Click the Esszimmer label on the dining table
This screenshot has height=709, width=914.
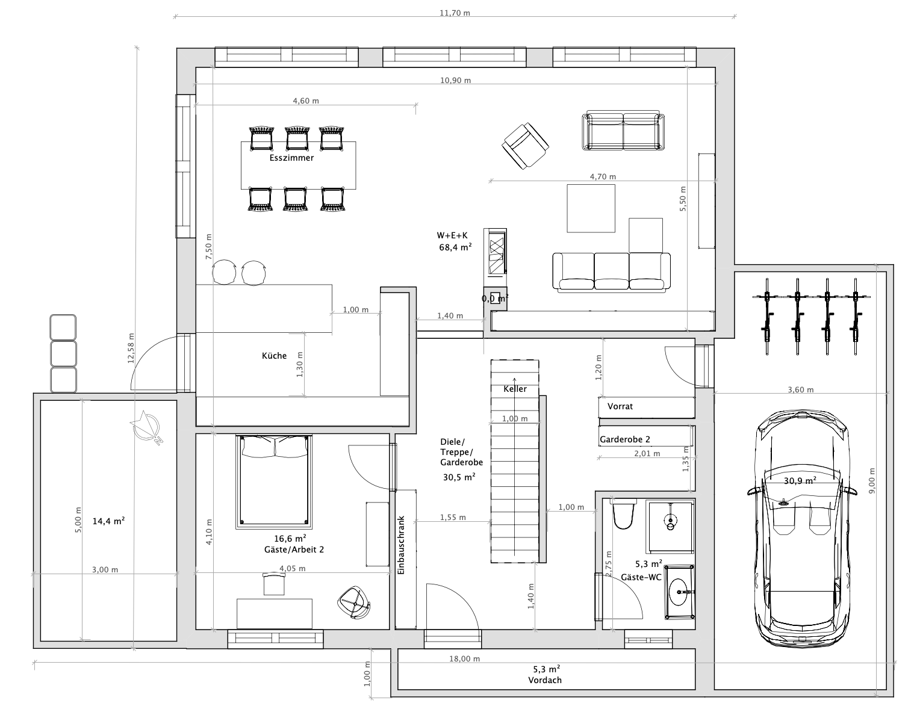point(291,158)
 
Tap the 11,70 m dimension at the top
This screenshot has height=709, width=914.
point(455,13)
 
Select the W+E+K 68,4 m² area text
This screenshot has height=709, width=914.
point(455,242)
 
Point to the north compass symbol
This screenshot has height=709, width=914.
point(146,427)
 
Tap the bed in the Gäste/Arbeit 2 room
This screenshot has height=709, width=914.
point(274,482)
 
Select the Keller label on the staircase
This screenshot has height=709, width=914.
point(515,389)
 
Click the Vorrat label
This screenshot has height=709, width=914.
point(620,406)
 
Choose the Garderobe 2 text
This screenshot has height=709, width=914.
point(625,439)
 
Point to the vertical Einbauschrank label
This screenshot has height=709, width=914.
point(401,545)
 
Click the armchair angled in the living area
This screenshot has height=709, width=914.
point(525,146)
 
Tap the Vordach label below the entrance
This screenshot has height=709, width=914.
point(545,680)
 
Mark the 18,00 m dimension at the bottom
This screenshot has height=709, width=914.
point(464,658)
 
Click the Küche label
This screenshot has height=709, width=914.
point(274,356)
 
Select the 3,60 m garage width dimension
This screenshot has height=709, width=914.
point(801,389)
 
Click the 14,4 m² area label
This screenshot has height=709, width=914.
point(108,521)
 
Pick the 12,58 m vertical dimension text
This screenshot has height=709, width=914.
point(131,348)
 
